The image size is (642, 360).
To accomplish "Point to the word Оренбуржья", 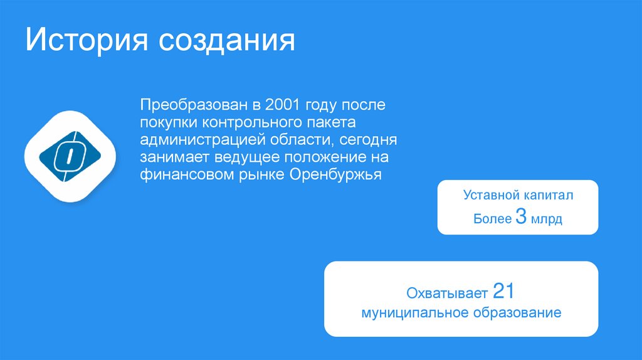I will tap(335, 174).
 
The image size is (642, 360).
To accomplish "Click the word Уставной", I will tap(488, 196).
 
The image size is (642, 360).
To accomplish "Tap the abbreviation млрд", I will tap(546, 220).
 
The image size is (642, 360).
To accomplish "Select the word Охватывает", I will tap(447, 293).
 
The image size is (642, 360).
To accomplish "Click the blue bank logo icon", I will tap(70, 157).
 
